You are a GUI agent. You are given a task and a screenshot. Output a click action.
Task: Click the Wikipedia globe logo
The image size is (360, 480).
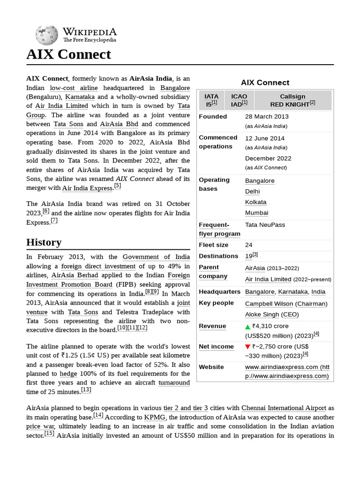(x=46, y=35)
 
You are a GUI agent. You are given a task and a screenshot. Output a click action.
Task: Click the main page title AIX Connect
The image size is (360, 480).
(x=68, y=54)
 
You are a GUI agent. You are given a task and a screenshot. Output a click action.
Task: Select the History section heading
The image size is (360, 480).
(x=44, y=242)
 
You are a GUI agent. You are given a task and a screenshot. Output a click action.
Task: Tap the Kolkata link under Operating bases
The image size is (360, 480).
(x=255, y=202)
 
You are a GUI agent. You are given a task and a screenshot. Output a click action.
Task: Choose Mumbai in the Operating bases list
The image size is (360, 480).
(x=256, y=213)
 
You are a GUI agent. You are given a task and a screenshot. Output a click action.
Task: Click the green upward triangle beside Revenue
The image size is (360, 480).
(x=248, y=326)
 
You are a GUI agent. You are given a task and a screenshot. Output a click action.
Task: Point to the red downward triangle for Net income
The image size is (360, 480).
(x=248, y=347)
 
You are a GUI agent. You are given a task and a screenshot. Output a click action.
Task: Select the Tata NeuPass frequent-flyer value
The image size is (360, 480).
(x=265, y=225)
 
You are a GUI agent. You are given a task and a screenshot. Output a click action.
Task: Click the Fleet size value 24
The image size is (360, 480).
(x=249, y=245)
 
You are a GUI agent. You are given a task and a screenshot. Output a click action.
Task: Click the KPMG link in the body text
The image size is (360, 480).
(x=155, y=417)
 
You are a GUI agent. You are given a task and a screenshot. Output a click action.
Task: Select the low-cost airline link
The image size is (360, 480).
(x=74, y=88)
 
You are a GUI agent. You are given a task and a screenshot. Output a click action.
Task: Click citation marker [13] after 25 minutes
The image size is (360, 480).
(x=86, y=390)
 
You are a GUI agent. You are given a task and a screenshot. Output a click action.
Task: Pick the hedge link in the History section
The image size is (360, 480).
(x=65, y=374)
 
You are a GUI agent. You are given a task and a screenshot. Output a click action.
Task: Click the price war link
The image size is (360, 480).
(x=40, y=426)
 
